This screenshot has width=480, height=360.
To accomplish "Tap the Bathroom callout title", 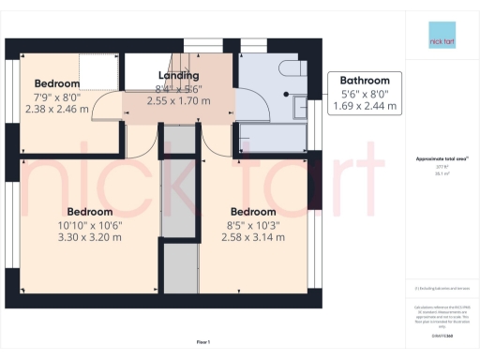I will coord(366,81).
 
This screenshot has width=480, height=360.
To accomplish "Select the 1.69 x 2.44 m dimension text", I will coord(366,106).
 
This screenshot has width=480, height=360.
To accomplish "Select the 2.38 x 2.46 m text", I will coord(57,108).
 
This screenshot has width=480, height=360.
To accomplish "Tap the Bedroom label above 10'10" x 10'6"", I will coord(89,211).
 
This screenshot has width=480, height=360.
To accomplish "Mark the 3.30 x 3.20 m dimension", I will coord(89,238).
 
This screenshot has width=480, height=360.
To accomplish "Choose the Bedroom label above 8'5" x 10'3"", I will coord(253,211).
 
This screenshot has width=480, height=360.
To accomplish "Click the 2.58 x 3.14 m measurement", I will coord(253,238).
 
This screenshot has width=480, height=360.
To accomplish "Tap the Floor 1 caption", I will coord(203,341).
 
